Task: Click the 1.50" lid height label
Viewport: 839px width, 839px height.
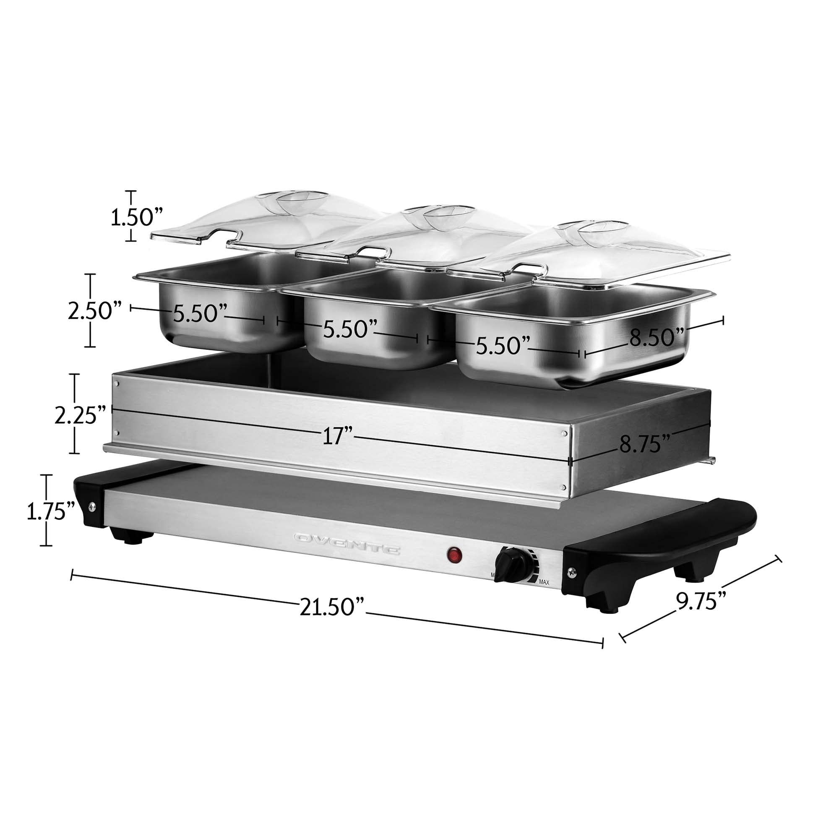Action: (136, 217)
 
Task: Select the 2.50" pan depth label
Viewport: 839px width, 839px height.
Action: (94, 310)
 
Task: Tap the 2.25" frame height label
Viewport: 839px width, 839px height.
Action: (81, 416)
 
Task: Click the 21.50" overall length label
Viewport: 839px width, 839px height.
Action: (331, 606)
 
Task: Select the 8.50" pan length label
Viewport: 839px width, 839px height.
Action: (657, 337)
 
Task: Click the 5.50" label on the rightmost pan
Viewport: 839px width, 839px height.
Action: (503, 345)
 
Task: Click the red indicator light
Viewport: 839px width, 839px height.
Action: (454, 555)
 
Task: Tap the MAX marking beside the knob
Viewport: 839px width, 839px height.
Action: (544, 582)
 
